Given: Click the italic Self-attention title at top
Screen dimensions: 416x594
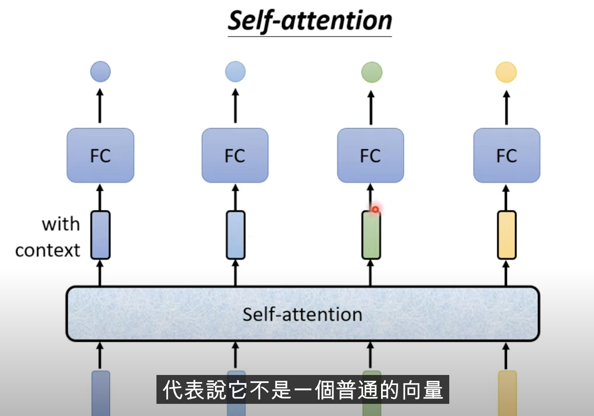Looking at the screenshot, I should coord(310,21).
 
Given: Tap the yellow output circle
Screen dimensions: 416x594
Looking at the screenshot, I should coord(506,72).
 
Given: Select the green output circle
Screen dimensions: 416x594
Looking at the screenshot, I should coord(371,72).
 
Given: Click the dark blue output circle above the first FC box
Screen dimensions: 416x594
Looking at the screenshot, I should coord(100,72).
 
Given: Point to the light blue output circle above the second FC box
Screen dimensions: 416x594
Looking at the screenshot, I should coord(235,72).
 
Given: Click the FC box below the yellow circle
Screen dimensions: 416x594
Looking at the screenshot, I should coord(507,156).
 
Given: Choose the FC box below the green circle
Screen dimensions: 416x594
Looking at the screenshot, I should coord(371,156).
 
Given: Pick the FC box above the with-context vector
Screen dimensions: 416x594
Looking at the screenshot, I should coord(100,156).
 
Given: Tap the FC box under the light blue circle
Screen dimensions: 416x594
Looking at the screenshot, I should coord(235,156).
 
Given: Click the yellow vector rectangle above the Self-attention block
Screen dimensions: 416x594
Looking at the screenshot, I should coord(507,235).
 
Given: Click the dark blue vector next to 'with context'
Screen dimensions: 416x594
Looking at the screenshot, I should coord(100,235).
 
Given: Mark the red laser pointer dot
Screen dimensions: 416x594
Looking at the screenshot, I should coord(376,209).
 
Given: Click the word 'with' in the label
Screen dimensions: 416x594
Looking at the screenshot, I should coord(61,224).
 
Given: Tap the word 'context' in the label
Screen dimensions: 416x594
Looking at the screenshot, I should coord(48,251).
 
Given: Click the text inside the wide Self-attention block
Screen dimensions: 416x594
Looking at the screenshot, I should coord(302,314).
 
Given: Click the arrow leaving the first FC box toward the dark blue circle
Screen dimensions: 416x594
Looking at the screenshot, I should coord(100,106).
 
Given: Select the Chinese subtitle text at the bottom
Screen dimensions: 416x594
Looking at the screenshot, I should coord(302,390).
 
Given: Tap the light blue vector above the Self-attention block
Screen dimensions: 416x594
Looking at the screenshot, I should coord(236,235).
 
